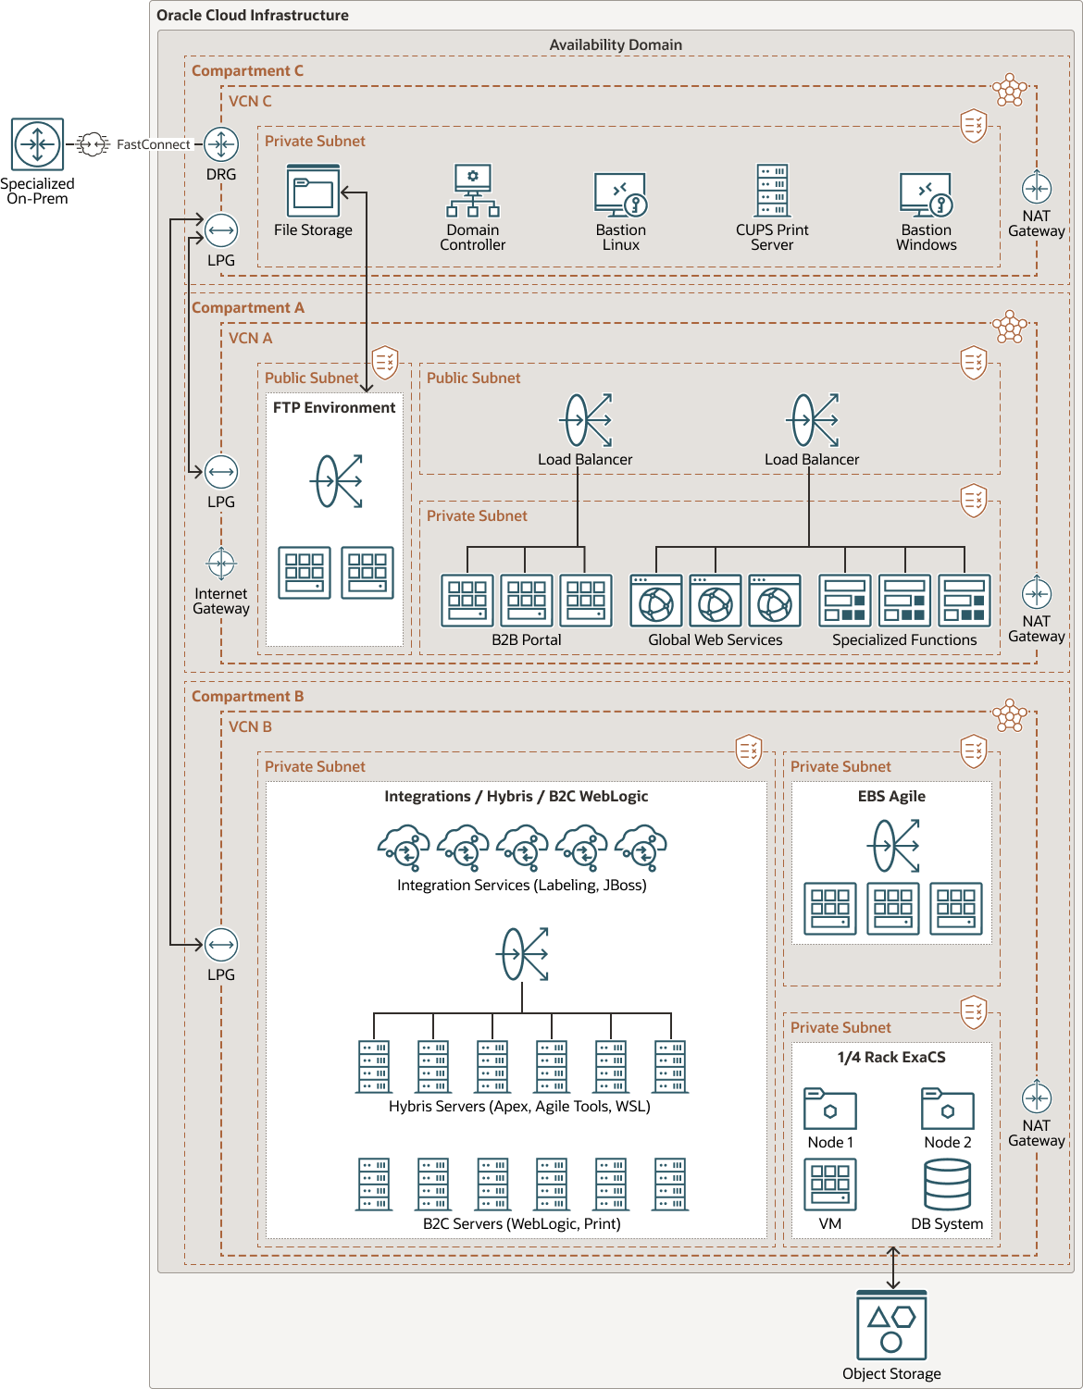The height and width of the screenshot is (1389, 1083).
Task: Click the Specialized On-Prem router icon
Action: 37,144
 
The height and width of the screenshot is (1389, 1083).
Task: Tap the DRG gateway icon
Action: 221,144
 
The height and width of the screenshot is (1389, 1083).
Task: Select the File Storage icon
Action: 313,192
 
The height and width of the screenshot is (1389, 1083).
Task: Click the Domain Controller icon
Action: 473,191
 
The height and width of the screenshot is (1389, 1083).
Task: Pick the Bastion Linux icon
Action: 620,194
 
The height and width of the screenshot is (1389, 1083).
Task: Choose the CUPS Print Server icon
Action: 772,191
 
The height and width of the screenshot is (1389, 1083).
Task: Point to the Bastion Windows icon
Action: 926,194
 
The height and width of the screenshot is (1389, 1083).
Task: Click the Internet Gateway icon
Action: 221,563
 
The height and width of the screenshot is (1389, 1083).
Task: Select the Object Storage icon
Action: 891,1326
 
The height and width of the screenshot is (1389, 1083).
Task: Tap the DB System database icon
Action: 947,1184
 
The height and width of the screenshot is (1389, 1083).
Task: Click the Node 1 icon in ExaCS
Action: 830,1108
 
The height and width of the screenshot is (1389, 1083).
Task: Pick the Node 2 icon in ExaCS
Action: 947,1108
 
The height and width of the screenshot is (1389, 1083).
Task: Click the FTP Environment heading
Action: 334,407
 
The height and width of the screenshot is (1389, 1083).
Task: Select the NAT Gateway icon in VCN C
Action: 1036,188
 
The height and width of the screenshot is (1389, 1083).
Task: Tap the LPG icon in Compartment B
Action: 221,945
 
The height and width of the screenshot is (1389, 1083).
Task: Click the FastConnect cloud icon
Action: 93,144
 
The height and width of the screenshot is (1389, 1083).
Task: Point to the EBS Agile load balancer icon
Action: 895,845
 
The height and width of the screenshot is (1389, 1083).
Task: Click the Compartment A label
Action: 247,307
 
